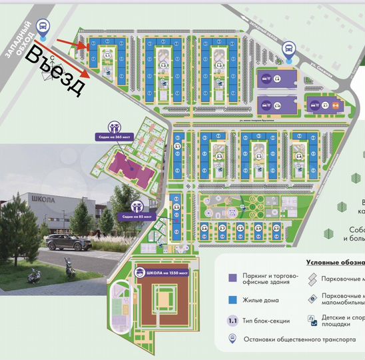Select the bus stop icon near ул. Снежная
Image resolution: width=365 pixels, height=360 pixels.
click(290, 49)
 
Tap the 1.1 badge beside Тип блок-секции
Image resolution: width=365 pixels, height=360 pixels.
click(231, 320)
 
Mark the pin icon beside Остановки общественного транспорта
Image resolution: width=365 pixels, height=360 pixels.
click(231, 339)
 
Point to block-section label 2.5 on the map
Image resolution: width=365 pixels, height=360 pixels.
click(177, 207)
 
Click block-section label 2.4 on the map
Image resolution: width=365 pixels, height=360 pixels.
click(299, 157)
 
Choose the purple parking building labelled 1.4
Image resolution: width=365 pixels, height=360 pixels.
click(277, 79)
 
